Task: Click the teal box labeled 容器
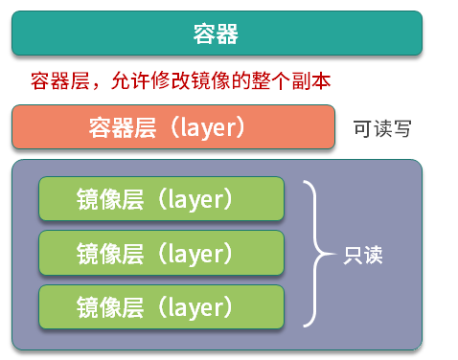[x=217, y=34]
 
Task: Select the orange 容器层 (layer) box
[x=173, y=126]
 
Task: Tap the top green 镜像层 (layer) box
[x=161, y=198]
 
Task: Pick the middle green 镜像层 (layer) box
[x=161, y=253]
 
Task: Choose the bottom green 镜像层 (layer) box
[x=161, y=306]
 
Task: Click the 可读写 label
[x=382, y=128]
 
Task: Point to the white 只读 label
[x=363, y=255]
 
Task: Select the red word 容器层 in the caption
[x=60, y=80]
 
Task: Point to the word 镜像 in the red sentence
[x=211, y=80]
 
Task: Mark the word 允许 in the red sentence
[x=130, y=80]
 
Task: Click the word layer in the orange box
[x=207, y=127]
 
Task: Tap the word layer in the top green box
[x=195, y=199]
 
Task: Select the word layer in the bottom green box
[x=195, y=307]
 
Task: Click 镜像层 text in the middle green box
[x=110, y=253]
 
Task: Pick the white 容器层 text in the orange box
[x=123, y=127]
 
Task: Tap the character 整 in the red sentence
[x=261, y=80]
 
